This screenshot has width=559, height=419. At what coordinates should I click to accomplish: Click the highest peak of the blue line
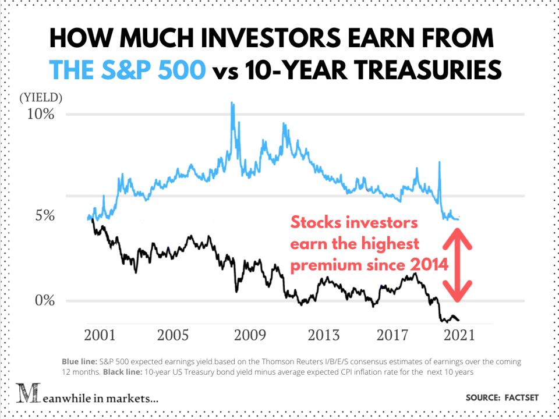pos(232,104)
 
